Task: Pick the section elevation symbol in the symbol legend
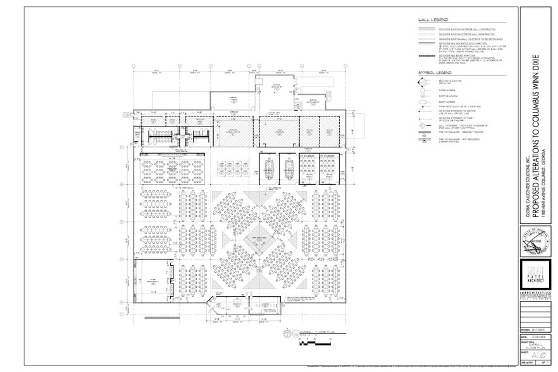click(425, 82)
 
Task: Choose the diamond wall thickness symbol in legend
click(425, 125)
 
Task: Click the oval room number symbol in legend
click(425, 102)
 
